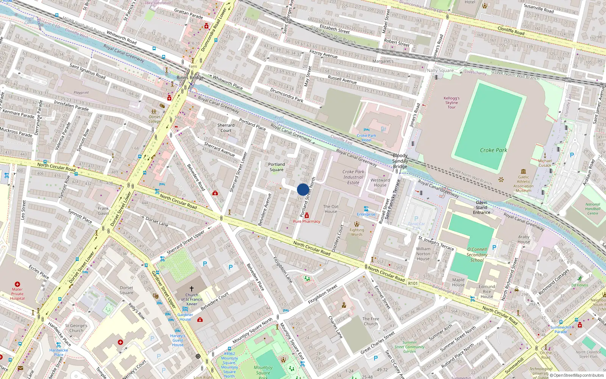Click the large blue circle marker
tap(303, 189)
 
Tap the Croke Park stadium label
tap(493, 150)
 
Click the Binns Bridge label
tap(190, 78)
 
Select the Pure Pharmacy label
tap(306, 221)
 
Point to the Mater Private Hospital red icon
tap(17, 284)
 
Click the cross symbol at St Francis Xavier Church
tap(192, 289)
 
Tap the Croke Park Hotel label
tap(366, 138)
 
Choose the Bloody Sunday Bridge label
tap(400, 161)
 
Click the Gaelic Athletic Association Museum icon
tap(523, 171)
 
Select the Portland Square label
tap(276, 167)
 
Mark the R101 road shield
tap(413, 283)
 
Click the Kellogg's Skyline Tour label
tap(451, 103)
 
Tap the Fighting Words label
tap(356, 232)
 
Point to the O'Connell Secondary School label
tap(477, 255)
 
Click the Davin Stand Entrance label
tap(481, 207)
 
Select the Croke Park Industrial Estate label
tap(353, 177)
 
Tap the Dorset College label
tap(155, 119)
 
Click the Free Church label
tap(370, 321)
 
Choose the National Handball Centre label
tap(592, 209)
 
